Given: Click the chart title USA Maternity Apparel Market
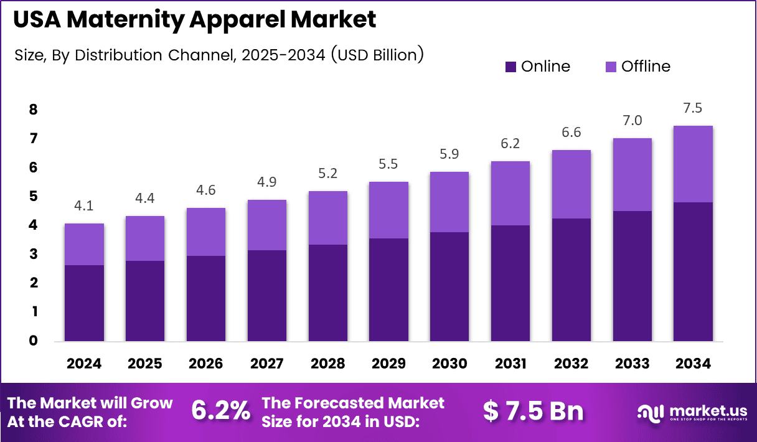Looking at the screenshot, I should (194, 20).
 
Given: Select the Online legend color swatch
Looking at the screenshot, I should (510, 67).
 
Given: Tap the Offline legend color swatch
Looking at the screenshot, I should (610, 67).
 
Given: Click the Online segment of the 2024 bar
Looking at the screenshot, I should (85, 303).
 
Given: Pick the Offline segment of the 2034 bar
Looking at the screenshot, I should (693, 164).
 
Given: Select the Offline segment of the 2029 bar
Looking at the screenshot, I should (388, 210).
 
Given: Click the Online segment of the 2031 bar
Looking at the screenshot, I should (510, 283).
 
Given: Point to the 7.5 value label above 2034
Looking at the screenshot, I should (692, 108).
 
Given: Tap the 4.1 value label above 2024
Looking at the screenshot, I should (84, 206).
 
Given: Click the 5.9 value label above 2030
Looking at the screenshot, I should (449, 154).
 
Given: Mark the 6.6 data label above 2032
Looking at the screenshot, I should (571, 133).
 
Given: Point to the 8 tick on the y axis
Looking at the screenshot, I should (34, 110).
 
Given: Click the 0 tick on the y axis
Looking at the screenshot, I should (34, 341).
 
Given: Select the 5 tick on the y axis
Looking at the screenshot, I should (34, 197).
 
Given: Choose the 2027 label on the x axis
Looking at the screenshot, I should (266, 364).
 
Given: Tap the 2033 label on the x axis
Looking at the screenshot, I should (632, 364).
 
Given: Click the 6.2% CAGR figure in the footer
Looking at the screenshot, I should (220, 411).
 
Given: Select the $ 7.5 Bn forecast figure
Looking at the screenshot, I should (534, 411).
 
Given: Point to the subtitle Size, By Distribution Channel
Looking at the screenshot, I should (219, 55).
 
